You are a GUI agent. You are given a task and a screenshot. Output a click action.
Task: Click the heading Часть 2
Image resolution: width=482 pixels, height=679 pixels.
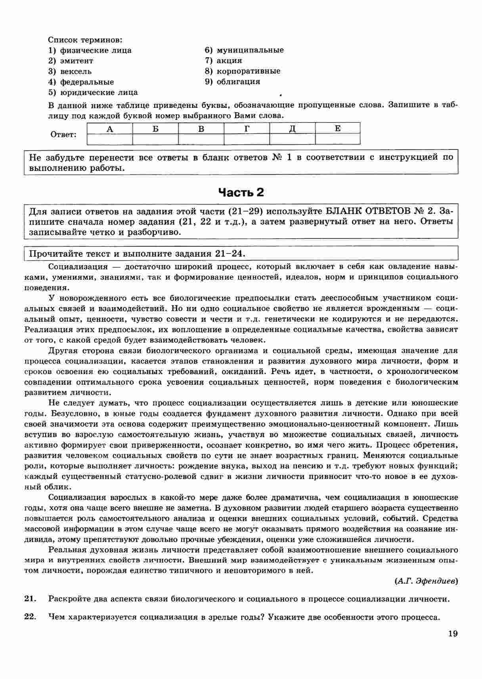pos(241,192)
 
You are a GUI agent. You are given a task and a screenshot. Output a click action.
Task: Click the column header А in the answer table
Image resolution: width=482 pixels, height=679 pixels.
pos(110,129)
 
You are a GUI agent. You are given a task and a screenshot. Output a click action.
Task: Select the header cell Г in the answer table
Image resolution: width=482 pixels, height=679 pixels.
pos(247,129)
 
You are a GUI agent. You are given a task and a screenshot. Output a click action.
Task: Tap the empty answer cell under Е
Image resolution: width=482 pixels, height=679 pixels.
pos(338,139)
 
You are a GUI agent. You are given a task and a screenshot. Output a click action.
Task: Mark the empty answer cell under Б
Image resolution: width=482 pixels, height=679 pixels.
pos(155,139)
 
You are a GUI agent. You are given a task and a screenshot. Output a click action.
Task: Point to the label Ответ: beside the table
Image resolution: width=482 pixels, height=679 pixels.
pos(63,134)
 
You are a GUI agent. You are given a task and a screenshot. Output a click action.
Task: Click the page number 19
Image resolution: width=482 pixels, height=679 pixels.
pos(453,633)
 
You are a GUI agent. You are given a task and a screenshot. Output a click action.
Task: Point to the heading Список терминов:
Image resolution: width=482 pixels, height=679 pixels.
pos(85,40)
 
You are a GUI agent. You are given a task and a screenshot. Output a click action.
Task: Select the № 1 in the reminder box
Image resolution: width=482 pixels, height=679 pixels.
pos(282,157)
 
